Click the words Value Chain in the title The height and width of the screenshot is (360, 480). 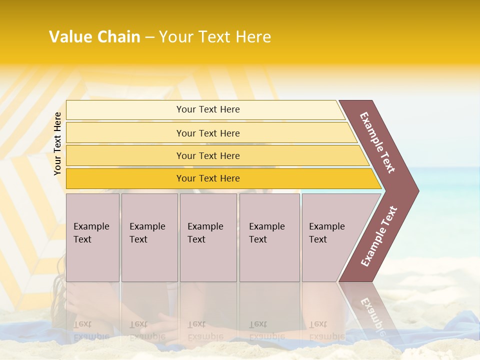tap(94, 37)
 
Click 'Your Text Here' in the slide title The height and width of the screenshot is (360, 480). tap(215, 37)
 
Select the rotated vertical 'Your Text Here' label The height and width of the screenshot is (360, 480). tap(57, 143)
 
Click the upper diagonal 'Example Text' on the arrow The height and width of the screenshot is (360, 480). tap(377, 142)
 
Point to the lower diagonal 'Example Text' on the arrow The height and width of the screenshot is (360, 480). tap(379, 236)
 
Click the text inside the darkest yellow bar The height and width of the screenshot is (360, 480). tap(208, 178)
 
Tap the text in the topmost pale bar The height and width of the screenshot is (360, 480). tap(208, 109)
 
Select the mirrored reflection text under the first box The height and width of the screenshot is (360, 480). tap(91, 330)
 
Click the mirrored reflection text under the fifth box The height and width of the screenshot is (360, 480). tap(326, 330)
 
